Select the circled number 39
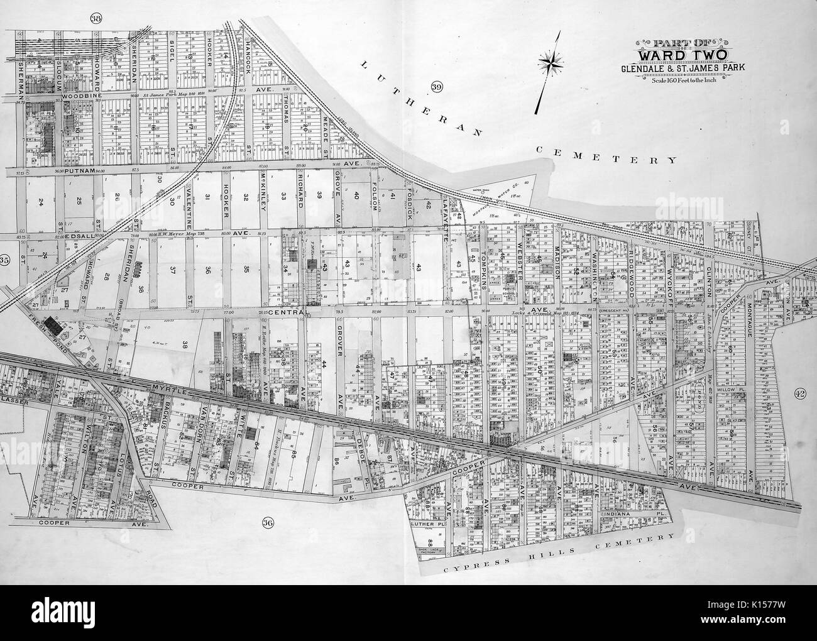437,86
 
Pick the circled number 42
799,394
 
